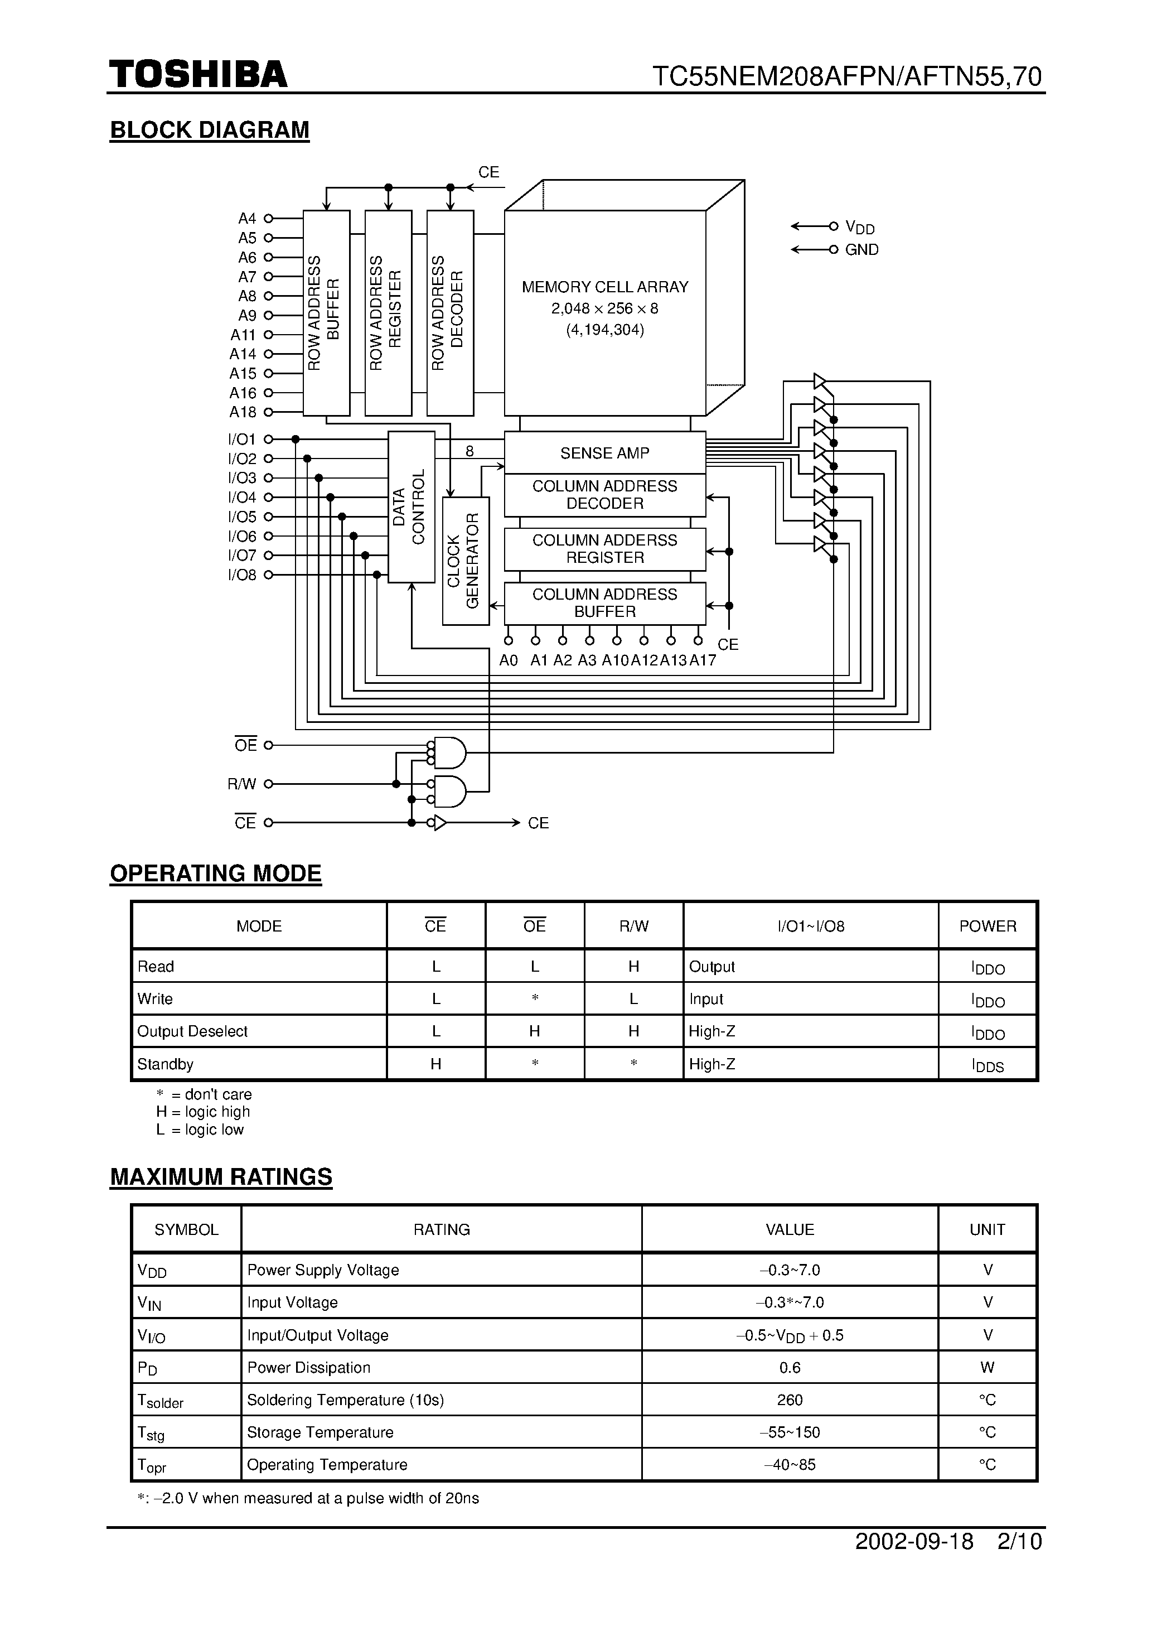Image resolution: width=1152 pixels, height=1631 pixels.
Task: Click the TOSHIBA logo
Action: point(198,75)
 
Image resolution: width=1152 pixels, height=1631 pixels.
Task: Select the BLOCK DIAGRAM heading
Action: point(210,130)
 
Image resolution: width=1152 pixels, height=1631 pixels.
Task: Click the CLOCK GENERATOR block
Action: point(465,561)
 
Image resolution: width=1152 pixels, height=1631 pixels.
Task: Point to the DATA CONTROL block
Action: point(410,506)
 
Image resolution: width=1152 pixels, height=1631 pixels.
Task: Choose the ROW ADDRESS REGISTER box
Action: point(388,312)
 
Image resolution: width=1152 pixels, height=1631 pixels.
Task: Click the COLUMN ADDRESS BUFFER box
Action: point(604,603)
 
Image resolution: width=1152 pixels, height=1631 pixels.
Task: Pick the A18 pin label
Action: point(243,412)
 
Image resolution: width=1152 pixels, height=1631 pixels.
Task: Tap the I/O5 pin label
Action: point(242,517)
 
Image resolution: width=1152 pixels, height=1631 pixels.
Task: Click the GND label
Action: point(861,250)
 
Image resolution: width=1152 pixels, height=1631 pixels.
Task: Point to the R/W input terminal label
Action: point(241,784)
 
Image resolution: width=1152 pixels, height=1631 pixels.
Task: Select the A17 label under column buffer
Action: point(703,660)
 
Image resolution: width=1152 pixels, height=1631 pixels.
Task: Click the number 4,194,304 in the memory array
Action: point(605,330)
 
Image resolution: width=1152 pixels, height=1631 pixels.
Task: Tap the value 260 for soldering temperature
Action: point(789,1400)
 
